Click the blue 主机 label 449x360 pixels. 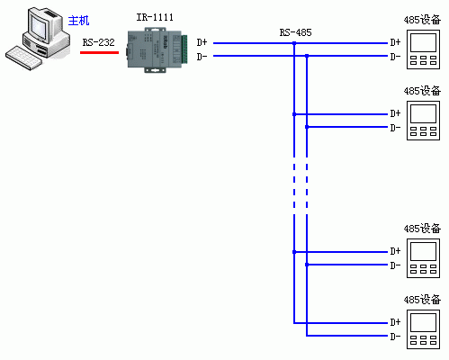[78, 21]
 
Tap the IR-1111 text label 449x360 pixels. [155, 17]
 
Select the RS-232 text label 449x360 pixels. [99, 42]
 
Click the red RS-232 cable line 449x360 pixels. [99, 52]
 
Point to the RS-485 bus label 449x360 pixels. [295, 32]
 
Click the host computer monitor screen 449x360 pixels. [40, 27]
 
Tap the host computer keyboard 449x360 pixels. [23, 58]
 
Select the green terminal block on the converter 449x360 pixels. [184, 49]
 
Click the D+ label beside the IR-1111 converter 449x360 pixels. [202, 42]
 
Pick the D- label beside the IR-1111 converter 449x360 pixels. [202, 57]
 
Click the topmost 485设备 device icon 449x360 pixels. [423, 49]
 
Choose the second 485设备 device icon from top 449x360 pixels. [423, 121]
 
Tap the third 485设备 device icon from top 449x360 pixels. [423, 258]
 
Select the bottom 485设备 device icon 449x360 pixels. [423, 329]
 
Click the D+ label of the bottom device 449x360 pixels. [395, 322]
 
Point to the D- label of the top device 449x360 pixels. [395, 57]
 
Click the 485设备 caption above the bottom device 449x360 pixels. [422, 300]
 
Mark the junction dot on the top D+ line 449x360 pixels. [294, 43]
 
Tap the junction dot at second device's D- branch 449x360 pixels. [307, 127]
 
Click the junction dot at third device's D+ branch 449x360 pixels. [294, 252]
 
